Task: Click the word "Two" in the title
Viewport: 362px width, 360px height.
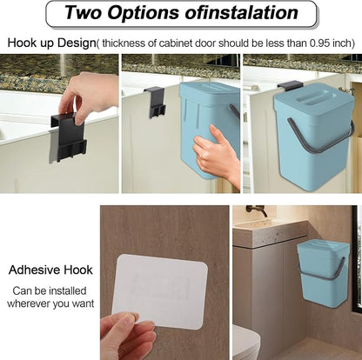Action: point(84,12)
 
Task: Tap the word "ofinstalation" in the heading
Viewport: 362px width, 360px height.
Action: point(241,12)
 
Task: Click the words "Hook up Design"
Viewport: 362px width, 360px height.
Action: point(51,43)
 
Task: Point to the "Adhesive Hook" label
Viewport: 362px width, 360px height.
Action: point(50,270)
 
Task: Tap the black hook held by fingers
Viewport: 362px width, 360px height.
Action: point(68,137)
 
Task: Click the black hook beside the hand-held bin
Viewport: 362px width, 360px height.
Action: point(155,102)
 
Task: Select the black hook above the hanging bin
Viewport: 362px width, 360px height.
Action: point(290,85)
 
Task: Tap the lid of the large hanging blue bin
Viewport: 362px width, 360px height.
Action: point(313,100)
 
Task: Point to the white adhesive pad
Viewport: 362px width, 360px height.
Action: point(160,291)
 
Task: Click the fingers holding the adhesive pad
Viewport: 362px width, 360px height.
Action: point(128,337)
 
